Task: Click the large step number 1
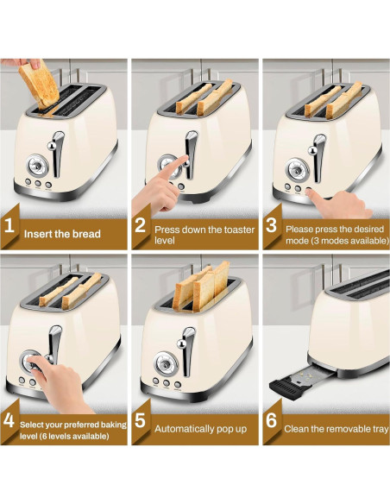click(x=9, y=225)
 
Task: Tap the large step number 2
click(x=140, y=225)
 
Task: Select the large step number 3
click(x=271, y=225)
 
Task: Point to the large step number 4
click(x=9, y=420)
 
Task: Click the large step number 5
click(x=140, y=420)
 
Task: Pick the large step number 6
click(x=272, y=420)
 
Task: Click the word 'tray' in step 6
click(x=381, y=430)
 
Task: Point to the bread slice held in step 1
click(x=39, y=85)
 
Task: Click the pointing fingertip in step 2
click(x=185, y=158)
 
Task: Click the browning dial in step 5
click(x=165, y=362)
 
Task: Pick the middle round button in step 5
click(x=167, y=383)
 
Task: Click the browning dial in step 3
click(x=297, y=169)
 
